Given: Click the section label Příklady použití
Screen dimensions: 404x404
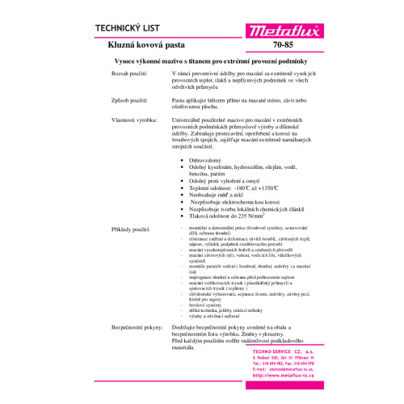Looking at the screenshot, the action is click(x=132, y=230).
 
